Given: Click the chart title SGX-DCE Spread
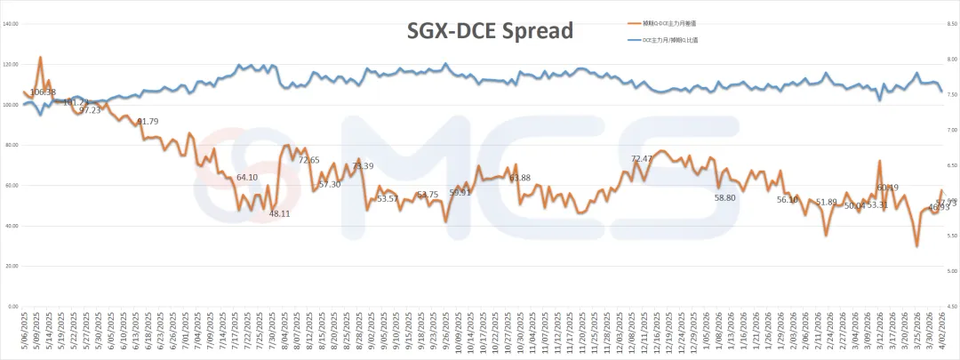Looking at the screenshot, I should pyautogui.click(x=490, y=31).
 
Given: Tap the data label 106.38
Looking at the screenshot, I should pyautogui.click(x=43, y=92).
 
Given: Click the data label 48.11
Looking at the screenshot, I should pyautogui.click(x=280, y=214).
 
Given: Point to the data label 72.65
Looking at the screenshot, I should pyautogui.click(x=308, y=160).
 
